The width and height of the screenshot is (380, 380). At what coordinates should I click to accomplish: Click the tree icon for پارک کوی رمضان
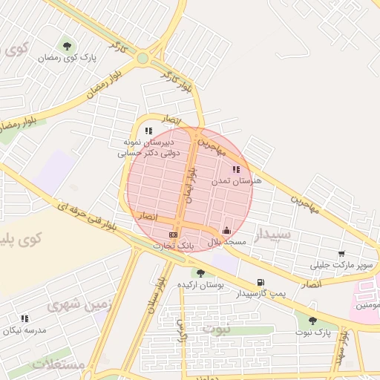(x=68, y=47)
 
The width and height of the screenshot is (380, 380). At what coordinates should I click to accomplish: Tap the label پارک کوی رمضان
(x=79, y=57)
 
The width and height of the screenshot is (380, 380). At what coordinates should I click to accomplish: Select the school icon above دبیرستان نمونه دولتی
(x=148, y=131)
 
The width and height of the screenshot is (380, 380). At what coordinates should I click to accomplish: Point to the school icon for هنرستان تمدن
(x=237, y=169)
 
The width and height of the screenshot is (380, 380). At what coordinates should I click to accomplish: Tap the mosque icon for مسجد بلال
(x=226, y=231)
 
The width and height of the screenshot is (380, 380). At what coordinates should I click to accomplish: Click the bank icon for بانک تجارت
(x=174, y=235)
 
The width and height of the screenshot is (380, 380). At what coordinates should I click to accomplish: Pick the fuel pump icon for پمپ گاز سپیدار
(x=260, y=282)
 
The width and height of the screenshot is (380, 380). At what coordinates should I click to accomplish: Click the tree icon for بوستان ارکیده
(x=200, y=274)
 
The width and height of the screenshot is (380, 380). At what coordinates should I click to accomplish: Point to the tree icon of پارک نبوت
(x=312, y=321)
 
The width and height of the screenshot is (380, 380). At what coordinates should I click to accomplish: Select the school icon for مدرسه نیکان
(x=24, y=318)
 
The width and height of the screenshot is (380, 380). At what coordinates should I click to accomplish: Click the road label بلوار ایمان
(x=191, y=186)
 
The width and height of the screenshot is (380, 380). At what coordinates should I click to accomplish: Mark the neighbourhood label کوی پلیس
(x=19, y=240)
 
